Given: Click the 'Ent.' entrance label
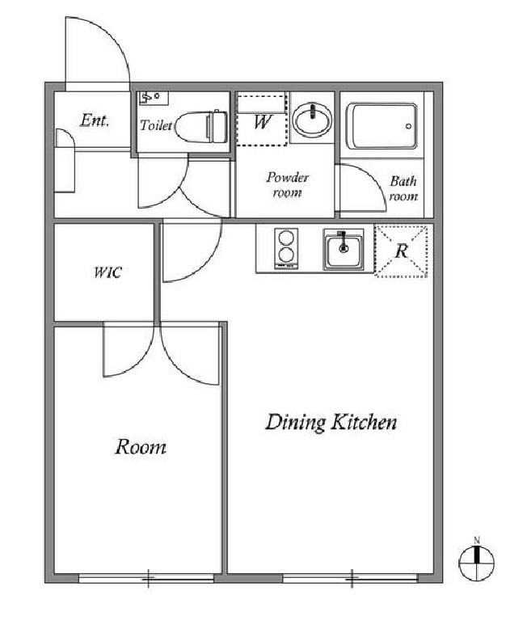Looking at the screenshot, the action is click(94, 120).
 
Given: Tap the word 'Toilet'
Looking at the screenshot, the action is click(156, 125).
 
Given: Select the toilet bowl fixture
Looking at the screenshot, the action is click(200, 127).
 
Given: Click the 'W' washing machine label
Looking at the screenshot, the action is click(262, 122).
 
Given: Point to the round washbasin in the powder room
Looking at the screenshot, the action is click(312, 117).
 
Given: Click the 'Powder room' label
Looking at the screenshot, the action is click(287, 184).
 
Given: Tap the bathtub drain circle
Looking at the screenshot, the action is click(408, 127).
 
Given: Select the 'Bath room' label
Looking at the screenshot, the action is click(403, 188).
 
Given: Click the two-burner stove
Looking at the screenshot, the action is click(286, 249).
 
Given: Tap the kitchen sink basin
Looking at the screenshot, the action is click(344, 250).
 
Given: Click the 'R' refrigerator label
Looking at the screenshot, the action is click(402, 251).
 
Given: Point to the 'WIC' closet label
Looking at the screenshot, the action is click(108, 272).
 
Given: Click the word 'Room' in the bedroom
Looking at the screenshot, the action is click(141, 447).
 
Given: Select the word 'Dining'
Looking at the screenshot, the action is click(296, 423).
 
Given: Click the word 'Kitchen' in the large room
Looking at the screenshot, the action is click(364, 422).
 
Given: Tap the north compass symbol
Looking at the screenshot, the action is click(476, 562).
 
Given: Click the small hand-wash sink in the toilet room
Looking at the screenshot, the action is click(153, 97).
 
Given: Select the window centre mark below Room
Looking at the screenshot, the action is click(148, 579).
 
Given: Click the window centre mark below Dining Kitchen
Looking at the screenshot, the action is click(352, 579).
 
